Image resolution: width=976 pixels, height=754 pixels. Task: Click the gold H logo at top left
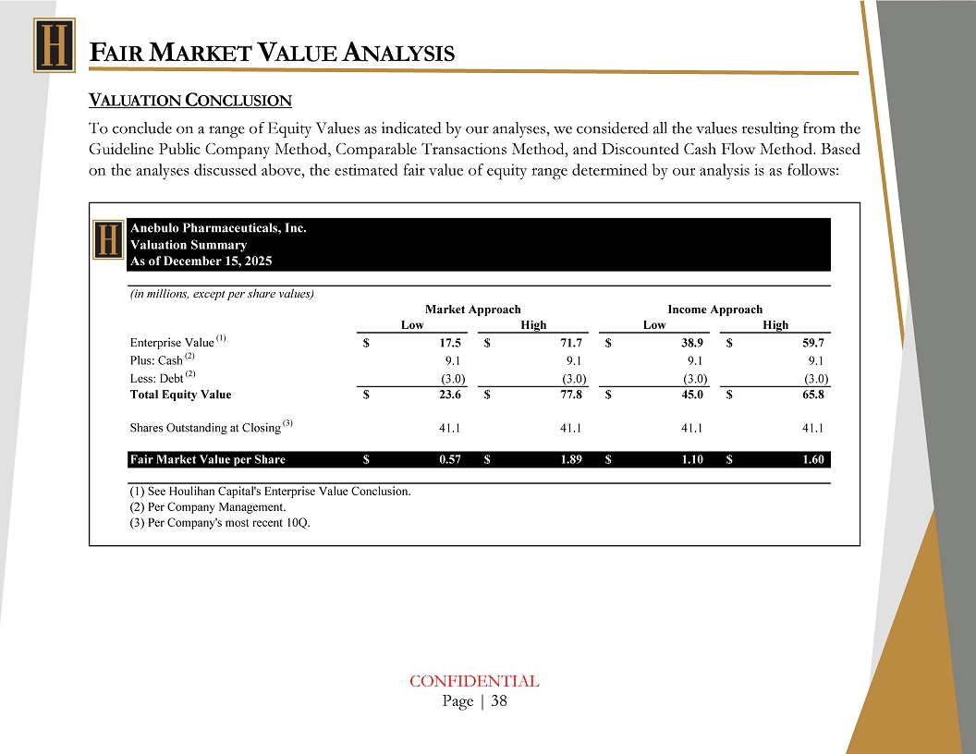(x=54, y=45)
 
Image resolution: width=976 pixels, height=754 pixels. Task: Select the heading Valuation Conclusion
(x=189, y=100)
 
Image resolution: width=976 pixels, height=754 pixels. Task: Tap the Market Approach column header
(x=472, y=310)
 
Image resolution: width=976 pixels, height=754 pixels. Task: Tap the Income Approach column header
(x=714, y=310)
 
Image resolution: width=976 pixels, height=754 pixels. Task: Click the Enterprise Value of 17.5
(x=452, y=344)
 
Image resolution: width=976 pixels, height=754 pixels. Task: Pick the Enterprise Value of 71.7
(x=570, y=344)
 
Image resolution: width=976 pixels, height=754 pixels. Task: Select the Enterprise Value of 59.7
(x=812, y=344)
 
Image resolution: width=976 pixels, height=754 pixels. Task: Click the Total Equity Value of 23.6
(x=452, y=395)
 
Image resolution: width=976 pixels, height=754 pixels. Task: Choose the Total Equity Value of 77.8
(x=570, y=395)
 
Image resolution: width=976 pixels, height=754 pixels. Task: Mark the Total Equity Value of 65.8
(x=812, y=395)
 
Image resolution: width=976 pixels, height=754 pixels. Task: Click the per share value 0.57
(x=450, y=459)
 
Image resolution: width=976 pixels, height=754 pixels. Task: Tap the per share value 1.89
(x=569, y=459)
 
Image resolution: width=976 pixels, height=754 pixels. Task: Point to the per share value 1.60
(x=811, y=459)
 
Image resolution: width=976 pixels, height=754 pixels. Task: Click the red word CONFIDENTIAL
(x=474, y=682)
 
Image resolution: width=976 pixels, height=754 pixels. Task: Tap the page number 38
(x=499, y=701)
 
